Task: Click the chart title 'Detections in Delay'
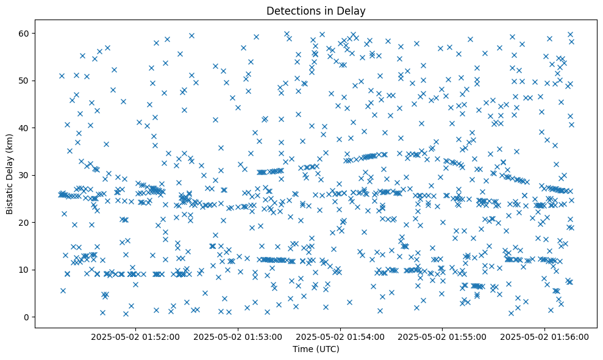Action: click(316, 10)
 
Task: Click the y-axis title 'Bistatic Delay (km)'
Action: click(9, 174)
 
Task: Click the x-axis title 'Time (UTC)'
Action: click(316, 349)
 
